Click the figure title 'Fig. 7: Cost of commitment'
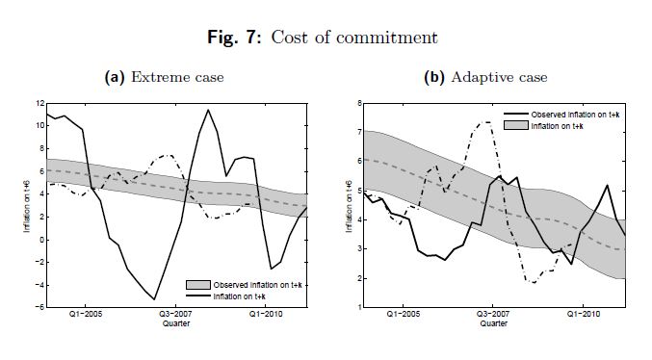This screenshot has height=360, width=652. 323,38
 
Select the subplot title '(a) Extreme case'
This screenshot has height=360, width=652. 165,77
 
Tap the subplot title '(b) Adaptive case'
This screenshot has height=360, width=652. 485,77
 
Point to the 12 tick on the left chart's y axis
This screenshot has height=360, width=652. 39,103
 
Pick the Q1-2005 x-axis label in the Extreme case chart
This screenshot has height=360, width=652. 86,314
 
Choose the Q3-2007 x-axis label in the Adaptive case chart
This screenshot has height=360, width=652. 493,314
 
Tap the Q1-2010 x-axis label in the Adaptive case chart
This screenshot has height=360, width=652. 584,314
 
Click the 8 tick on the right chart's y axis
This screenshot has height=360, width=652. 359,103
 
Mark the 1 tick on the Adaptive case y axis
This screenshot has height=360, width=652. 359,307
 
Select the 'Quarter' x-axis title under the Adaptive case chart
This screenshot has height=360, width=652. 494,323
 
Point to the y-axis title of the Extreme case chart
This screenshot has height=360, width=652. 27,206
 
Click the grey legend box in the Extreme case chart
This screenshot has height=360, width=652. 198,285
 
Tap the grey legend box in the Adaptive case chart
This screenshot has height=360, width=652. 515,125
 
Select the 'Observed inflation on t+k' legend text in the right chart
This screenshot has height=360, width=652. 575,115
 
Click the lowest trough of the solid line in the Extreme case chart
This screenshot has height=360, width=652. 154,299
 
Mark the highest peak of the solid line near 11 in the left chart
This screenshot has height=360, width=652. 208,110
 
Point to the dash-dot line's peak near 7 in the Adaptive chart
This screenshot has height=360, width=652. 485,122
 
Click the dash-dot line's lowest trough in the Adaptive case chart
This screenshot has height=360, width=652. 534,283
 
